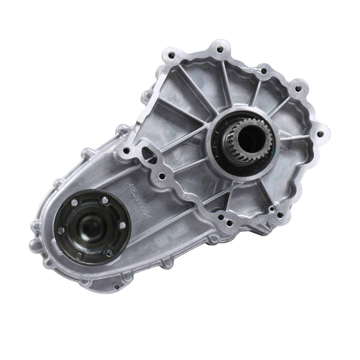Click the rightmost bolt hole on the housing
tap(322, 132)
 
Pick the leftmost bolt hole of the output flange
tap(60, 239)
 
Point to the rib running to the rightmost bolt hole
tap(297, 136)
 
